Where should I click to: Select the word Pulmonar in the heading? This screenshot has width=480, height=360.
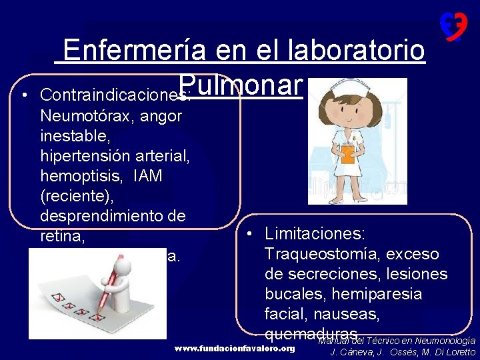[x=241, y=85]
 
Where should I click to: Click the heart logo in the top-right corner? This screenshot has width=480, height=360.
[x=453, y=27]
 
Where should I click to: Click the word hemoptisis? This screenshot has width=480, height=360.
[x=83, y=176]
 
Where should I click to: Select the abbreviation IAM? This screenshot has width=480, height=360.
[x=147, y=176]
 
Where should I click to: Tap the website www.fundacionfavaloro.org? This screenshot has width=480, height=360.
[x=234, y=349]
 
